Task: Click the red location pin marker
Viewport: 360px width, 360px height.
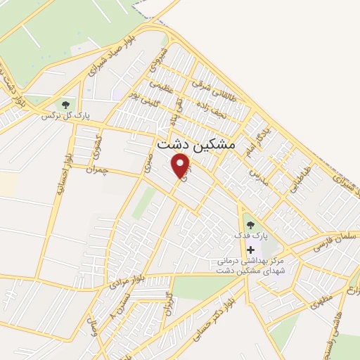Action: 182,166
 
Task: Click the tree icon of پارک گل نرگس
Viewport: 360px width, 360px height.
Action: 65,105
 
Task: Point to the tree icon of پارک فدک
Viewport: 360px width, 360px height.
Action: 251,226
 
